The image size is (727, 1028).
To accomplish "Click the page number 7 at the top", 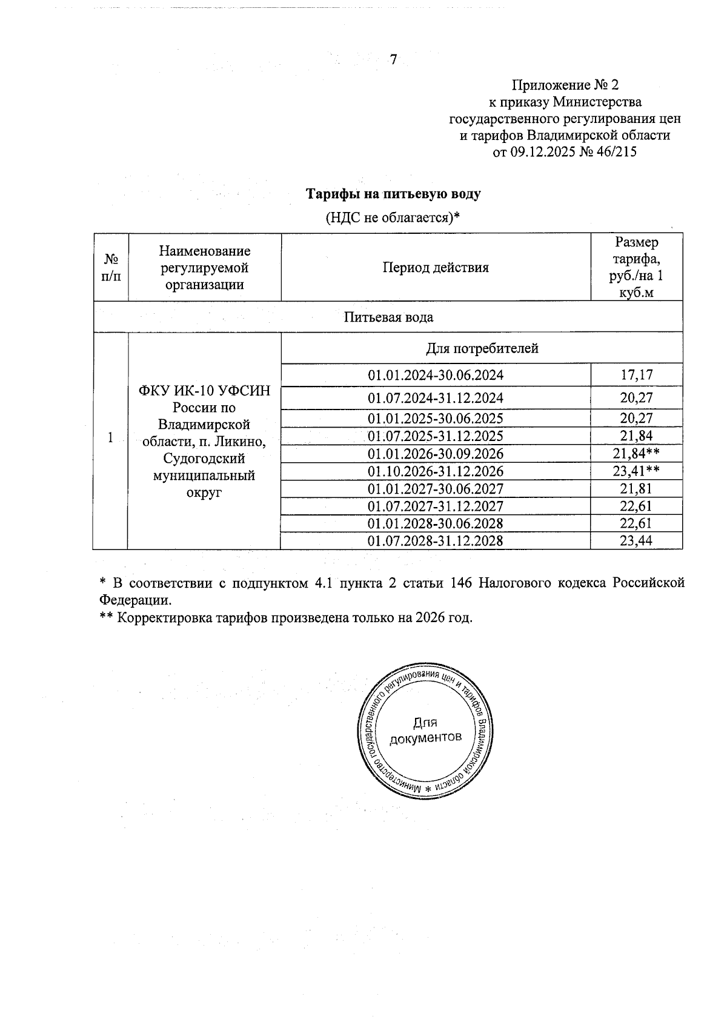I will pos(393,60).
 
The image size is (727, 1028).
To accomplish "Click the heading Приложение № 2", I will pos(565,84).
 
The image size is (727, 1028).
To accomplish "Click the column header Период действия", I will pos(435,267).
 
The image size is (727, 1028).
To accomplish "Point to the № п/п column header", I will pos(111,267).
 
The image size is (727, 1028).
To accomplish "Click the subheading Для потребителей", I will pos(482,348).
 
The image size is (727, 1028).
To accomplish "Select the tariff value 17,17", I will pos(636,375).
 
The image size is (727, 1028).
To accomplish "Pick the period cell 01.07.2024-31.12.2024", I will pos(435,398).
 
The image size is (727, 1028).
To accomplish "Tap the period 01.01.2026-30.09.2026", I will pos(435,454).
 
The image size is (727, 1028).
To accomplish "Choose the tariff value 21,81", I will pos(636,488).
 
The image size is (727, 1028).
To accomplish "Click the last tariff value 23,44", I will pos(636,540).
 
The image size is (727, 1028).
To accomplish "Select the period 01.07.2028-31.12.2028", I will pos(435,540).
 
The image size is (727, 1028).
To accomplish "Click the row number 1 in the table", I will pos(110,437).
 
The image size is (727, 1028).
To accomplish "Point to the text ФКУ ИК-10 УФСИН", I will pos(204,391).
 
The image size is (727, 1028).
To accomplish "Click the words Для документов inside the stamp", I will pos(425,730).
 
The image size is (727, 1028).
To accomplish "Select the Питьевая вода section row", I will pos(388,317).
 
